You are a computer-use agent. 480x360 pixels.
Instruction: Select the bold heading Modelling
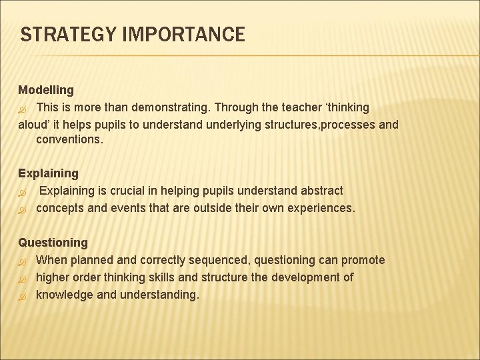click(x=46, y=89)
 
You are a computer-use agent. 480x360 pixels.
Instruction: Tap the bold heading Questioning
click(x=53, y=243)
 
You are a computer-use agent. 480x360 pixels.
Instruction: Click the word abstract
click(x=321, y=191)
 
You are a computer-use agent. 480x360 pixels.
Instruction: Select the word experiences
click(x=321, y=208)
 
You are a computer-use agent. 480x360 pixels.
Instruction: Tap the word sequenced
click(x=214, y=260)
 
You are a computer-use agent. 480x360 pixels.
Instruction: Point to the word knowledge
click(x=65, y=295)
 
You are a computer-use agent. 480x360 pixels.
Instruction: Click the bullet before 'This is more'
click(x=22, y=107)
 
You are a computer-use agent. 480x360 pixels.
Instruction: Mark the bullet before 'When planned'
click(x=22, y=261)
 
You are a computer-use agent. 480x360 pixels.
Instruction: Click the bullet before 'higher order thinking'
click(x=22, y=278)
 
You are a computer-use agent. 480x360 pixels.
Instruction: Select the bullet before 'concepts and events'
click(x=22, y=209)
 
